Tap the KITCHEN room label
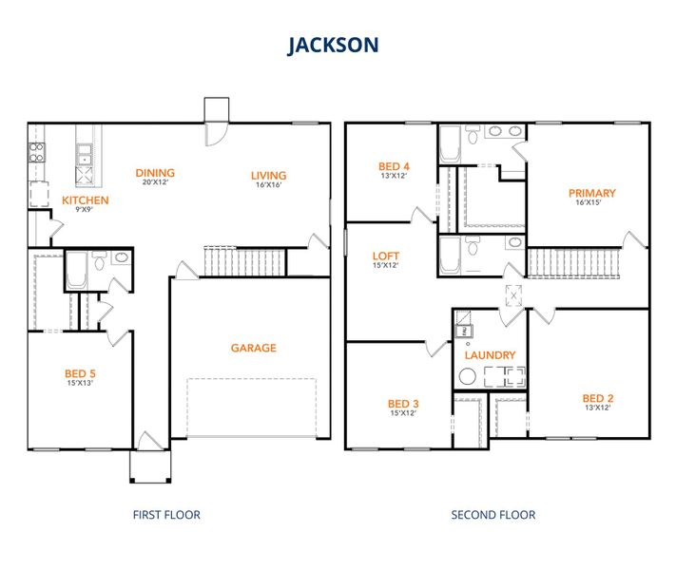86,200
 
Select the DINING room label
155,173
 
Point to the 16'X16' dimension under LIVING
268,185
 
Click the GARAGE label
253,348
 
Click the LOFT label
386,256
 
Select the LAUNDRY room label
490,355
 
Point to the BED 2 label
596,398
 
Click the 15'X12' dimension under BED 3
403,413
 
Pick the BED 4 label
394,166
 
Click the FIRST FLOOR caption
165,515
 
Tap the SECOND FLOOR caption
493,515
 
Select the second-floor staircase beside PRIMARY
571,261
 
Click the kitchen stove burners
37,153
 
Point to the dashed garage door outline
251,408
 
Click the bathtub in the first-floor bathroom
76,270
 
